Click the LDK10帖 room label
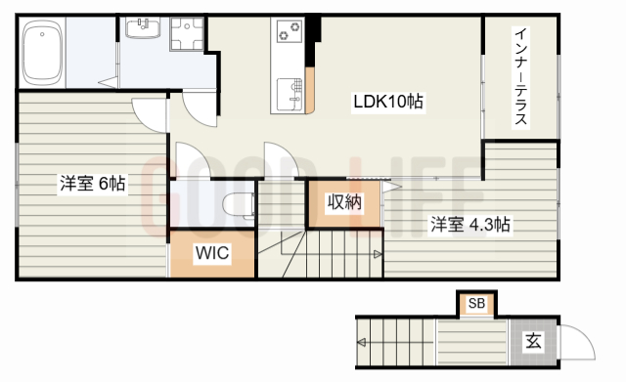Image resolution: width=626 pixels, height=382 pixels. pos(387,100)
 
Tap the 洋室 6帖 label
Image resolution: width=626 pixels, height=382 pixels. pos(92,183)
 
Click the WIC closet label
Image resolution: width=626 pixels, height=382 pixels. pos(211,254)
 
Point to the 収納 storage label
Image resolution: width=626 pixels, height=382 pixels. pos(345,204)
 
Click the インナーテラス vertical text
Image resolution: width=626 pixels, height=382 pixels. pos(521,78)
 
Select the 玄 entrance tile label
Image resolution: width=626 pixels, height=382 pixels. pos(533,341)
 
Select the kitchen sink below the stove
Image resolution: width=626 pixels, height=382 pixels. pos(291,93)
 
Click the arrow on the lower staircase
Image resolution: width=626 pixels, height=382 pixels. pos(363,342)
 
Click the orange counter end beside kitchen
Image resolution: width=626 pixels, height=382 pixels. pos(310,91)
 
